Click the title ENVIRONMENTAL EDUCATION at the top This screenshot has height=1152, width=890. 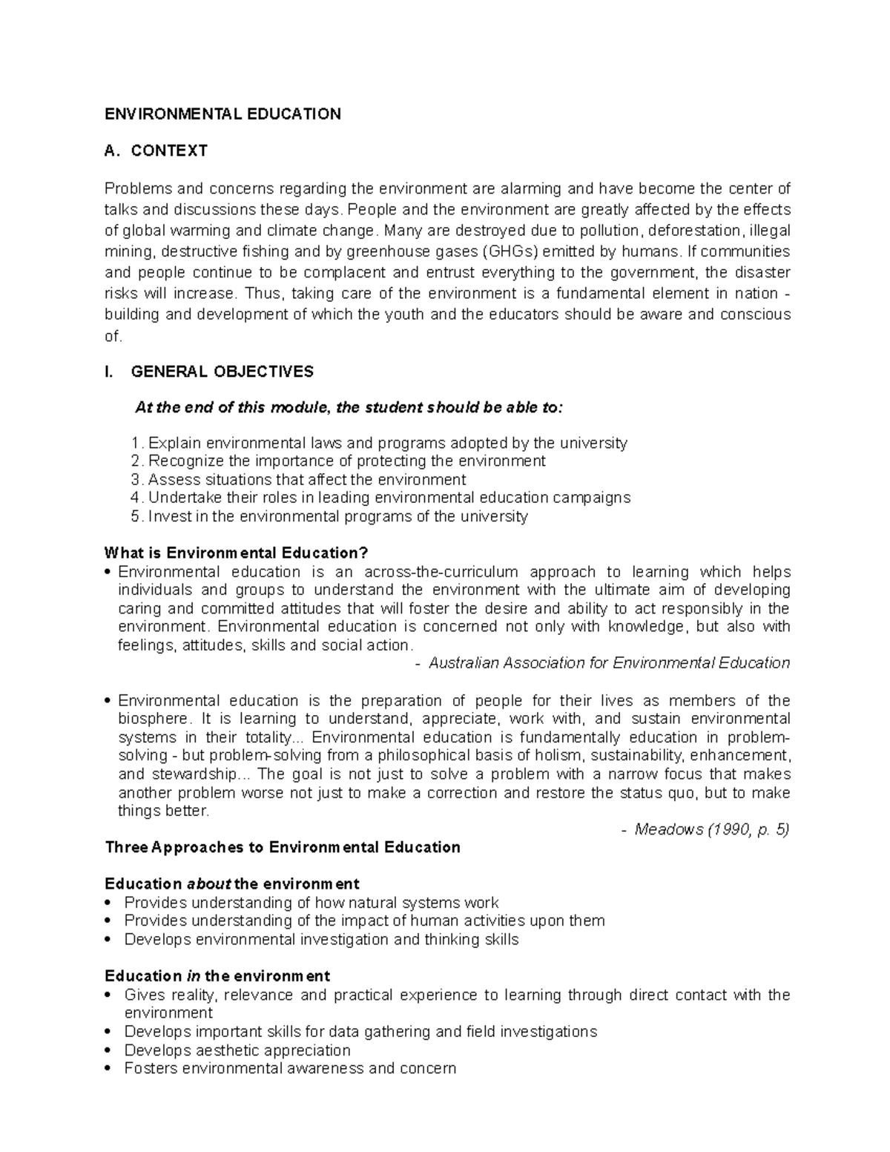click(222, 114)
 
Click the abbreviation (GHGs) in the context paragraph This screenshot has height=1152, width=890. click(502, 251)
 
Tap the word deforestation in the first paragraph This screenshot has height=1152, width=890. click(694, 230)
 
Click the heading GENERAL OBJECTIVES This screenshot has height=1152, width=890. click(222, 372)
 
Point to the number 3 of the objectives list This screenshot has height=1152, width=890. click(135, 479)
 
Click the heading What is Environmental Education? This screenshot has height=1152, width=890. click(236, 553)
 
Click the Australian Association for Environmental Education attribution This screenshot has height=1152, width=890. click(609, 663)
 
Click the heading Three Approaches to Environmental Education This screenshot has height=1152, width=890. click(283, 848)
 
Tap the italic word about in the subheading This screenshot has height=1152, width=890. click(208, 884)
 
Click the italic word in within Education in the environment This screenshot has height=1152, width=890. click(193, 976)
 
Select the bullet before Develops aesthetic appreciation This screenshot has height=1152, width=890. click(109, 1050)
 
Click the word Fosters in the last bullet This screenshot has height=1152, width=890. click(151, 1069)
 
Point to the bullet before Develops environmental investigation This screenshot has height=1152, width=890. click(109, 940)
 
